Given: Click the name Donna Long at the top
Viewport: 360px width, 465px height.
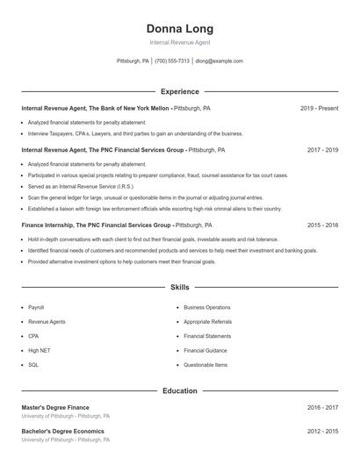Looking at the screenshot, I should tap(180, 28).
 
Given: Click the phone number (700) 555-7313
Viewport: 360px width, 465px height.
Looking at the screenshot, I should tap(172, 61).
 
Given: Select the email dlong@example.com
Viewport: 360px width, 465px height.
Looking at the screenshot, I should tap(219, 61).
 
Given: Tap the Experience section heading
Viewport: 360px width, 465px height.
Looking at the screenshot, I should tap(180, 91).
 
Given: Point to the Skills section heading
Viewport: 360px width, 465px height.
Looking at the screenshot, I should tap(180, 287).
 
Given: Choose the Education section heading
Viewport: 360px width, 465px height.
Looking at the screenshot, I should tap(180, 390).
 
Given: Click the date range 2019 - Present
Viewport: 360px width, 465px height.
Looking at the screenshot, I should tap(319, 108).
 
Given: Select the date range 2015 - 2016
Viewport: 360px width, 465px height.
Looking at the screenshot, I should tap(322, 225).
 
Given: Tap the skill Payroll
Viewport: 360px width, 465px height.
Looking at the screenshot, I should tap(36, 308).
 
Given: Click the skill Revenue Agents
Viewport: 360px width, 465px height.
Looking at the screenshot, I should tap(47, 322).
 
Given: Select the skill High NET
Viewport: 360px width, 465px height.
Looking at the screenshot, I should tap(39, 350).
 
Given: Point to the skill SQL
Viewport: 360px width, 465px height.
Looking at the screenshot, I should tap(33, 364).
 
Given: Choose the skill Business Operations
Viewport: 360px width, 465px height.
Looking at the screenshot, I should tap(207, 308).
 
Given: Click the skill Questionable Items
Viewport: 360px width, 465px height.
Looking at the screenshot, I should tap(205, 364).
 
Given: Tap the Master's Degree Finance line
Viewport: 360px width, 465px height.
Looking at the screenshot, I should tap(55, 407).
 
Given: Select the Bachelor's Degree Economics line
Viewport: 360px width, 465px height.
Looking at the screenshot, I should tap(62, 431).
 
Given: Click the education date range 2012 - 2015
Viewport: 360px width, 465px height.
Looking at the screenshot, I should tap(322, 431).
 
